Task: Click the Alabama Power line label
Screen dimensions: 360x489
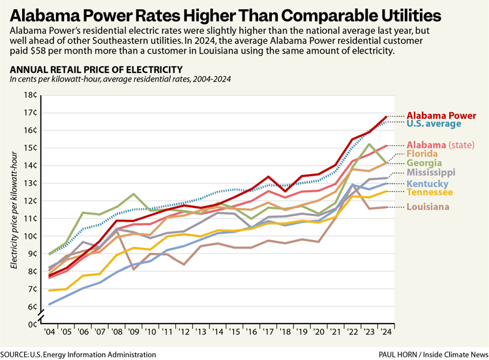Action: tap(440, 115)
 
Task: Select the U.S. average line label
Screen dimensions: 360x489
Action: tap(434, 123)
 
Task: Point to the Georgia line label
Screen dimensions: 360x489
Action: tap(424, 163)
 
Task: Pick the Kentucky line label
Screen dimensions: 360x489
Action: tap(428, 185)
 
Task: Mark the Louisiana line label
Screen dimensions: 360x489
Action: tap(428, 207)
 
